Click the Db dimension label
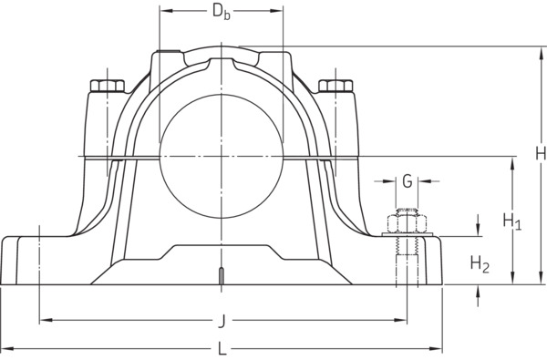pos(222,13)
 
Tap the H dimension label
pos(542,153)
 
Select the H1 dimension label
pos(512,221)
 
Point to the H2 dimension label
pos(480,264)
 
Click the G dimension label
pos(408,181)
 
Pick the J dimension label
pos(222,321)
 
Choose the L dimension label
pos(222,348)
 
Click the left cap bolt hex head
pos(108,86)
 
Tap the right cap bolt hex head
pos(335,86)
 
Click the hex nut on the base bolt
pos(408,224)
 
